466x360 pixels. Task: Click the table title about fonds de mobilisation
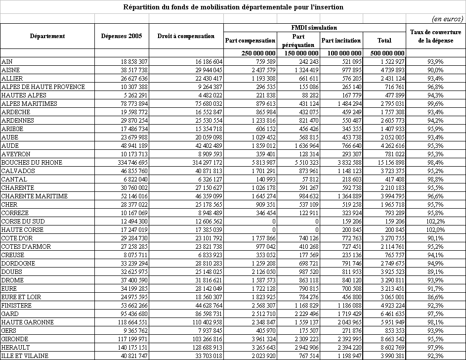click(x=233, y=7)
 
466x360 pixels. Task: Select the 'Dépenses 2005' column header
click(x=121, y=36)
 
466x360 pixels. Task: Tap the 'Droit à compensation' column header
click(x=186, y=36)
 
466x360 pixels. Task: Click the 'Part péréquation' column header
click(x=298, y=40)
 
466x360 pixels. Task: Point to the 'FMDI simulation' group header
click(x=314, y=28)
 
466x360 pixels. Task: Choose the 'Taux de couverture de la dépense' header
click(x=435, y=36)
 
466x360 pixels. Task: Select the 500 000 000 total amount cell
click(x=384, y=53)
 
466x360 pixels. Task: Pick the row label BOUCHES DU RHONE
click(x=29, y=162)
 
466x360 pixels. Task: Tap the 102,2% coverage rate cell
click(x=435, y=221)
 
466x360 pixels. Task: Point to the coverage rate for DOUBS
click(x=435, y=271)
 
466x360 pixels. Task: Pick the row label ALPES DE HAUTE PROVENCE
click(x=43, y=87)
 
